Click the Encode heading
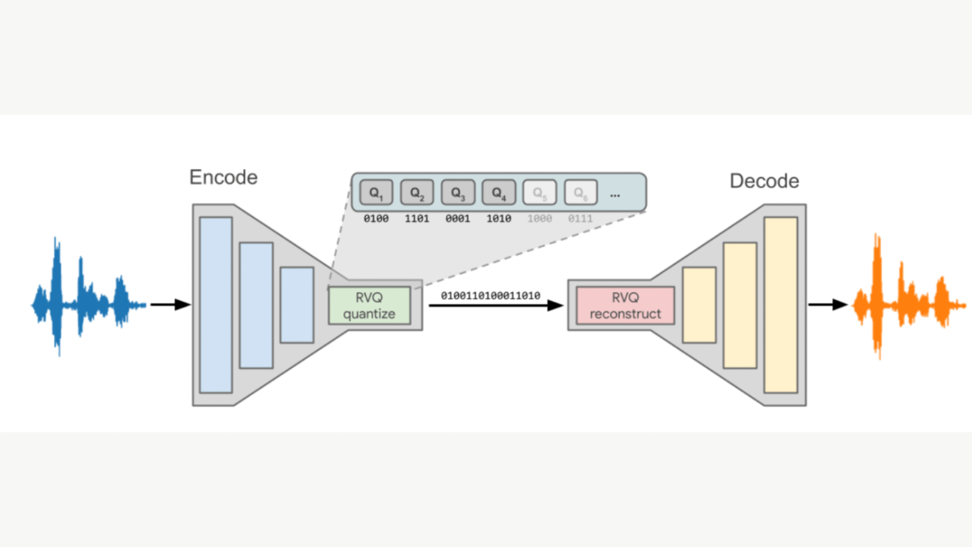tap(223, 177)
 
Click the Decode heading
tap(764, 181)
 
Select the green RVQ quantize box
tap(369, 305)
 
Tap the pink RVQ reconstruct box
tap(625, 305)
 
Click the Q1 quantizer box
tap(376, 192)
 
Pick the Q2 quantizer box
tap(417, 192)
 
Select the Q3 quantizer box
tap(458, 192)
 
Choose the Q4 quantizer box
tap(499, 192)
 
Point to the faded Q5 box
tap(540, 192)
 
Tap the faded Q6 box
tap(581, 192)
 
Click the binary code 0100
tap(376, 219)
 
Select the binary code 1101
tap(417, 219)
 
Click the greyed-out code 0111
tap(580, 219)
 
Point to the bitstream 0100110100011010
tap(490, 296)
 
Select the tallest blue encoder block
tap(216, 305)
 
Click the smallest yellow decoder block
tap(699, 305)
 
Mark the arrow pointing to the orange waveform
tap(828, 304)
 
